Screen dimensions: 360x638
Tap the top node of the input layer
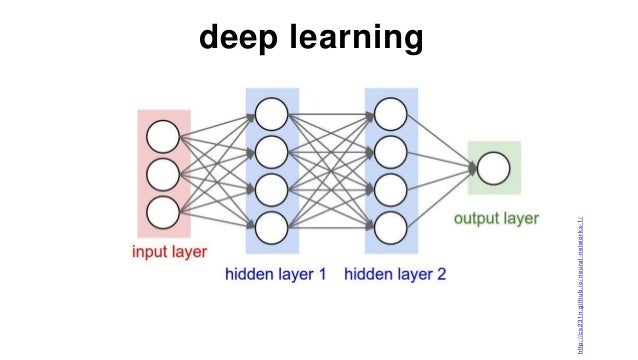(163, 135)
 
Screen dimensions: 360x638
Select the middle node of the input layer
(163, 174)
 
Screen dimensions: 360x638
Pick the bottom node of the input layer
(163, 212)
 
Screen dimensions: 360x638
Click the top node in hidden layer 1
(271, 111)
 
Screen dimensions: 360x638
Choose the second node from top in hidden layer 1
(271, 150)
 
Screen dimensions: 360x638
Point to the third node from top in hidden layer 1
(271, 189)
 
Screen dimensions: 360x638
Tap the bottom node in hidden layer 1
(271, 228)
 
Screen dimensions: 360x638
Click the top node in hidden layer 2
(390, 111)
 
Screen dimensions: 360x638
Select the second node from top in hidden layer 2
(390, 150)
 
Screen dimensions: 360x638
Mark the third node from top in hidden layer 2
(390, 189)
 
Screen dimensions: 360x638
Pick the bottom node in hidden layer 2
(390, 228)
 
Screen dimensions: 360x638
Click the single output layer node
(493, 168)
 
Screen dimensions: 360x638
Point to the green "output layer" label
(496, 218)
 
